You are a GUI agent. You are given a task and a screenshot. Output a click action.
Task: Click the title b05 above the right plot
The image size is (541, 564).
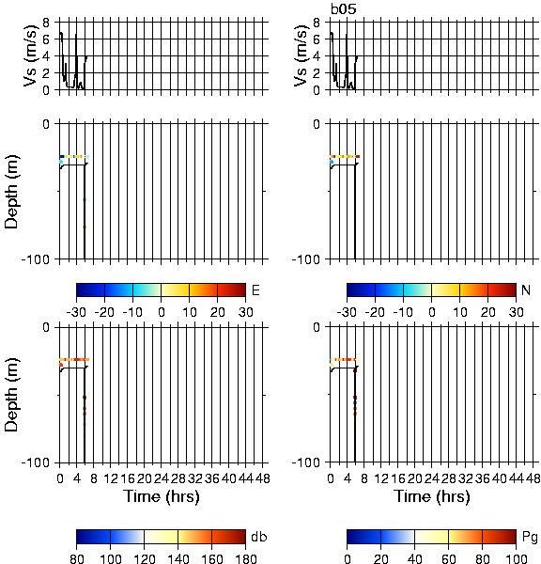coord(344,8)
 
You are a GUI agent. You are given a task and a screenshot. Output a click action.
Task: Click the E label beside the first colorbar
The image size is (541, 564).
coord(255,290)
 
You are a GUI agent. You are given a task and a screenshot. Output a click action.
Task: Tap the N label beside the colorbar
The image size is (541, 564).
coord(526,290)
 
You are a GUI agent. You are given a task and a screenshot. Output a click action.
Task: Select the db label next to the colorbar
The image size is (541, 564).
coord(259,537)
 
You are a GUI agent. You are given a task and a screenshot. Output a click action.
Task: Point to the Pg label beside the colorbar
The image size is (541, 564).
coord(530,538)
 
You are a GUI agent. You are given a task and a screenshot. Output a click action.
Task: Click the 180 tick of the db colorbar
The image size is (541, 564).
coord(245,558)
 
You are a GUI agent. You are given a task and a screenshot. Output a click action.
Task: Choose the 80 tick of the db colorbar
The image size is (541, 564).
coord(77,558)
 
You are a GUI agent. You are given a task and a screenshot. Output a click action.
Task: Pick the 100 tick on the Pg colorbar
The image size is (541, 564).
coord(516,558)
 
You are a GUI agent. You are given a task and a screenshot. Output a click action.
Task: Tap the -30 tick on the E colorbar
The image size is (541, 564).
coord(76,312)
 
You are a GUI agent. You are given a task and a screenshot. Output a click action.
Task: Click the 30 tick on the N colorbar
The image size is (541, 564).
coord(516,312)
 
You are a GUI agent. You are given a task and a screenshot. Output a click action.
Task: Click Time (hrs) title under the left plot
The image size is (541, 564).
coord(162,497)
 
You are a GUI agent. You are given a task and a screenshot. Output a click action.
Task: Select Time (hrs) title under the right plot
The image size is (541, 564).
coord(432,497)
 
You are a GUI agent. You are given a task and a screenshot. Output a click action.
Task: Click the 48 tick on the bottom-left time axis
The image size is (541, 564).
coord(263,478)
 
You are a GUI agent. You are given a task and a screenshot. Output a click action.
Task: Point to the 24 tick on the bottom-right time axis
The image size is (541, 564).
coord(431,478)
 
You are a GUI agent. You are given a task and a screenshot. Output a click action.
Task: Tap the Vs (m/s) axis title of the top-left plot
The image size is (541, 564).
coord(31,55)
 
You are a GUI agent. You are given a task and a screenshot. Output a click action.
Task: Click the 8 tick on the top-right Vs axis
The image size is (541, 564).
coord(317,23)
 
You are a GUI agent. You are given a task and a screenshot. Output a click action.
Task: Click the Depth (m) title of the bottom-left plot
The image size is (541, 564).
coord(12,395)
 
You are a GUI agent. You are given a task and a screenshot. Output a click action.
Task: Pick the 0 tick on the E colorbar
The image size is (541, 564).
coord(162,312)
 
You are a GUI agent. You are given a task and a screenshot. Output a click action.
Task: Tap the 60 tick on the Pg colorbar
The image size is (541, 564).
coord(448,558)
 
